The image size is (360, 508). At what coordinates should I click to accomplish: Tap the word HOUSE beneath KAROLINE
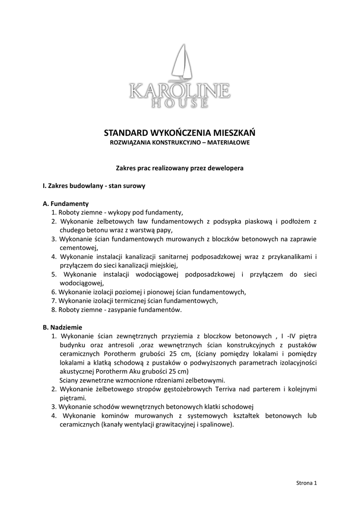180,103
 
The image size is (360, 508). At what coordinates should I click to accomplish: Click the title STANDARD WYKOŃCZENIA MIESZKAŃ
180,133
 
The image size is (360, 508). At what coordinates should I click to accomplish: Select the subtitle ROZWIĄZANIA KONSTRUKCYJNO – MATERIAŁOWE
180,142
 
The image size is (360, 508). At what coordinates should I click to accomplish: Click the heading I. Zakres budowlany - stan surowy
94,186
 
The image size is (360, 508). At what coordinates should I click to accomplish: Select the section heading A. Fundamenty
66,203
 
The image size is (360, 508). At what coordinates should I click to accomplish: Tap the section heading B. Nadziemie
63,327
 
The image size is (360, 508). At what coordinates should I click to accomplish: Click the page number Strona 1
306,482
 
